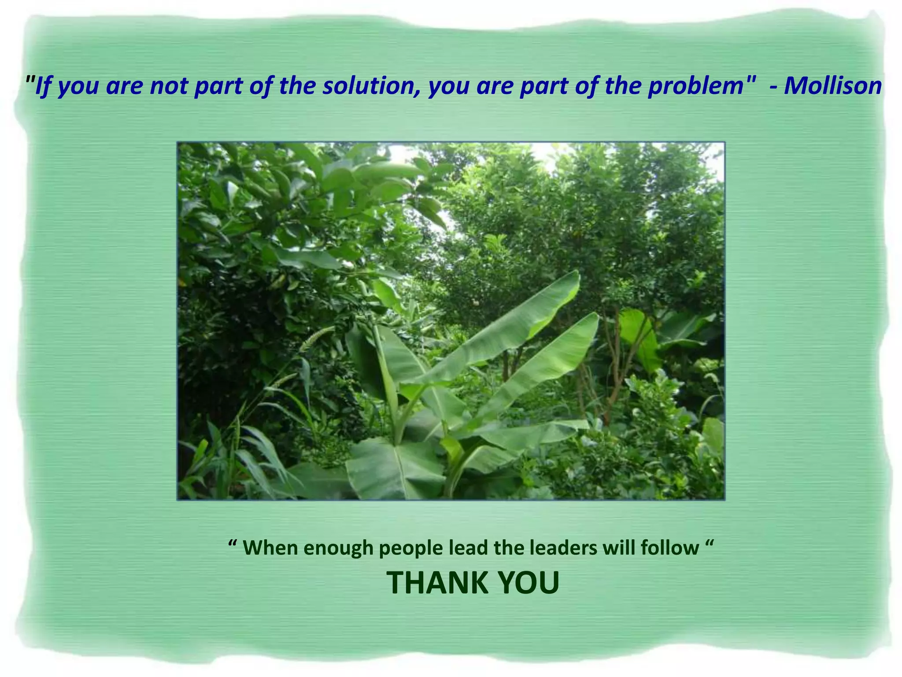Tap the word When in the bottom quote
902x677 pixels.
coord(270,548)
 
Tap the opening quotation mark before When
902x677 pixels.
coord(233,543)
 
